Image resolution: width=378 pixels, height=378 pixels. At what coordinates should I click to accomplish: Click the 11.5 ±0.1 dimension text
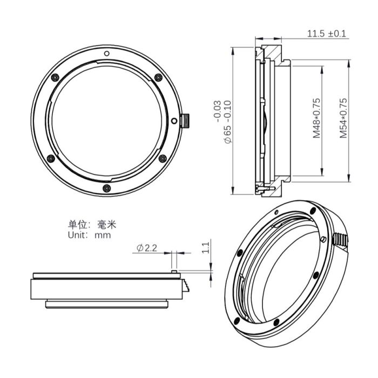click(x=327, y=34)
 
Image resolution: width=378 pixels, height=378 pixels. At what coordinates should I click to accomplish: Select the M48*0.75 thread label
click(x=317, y=118)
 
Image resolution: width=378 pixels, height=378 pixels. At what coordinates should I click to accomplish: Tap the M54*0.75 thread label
click(x=343, y=118)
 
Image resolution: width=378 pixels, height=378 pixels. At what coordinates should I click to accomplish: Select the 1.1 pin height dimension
click(x=205, y=248)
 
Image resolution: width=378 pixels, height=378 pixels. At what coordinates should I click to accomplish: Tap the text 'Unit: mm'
click(x=89, y=235)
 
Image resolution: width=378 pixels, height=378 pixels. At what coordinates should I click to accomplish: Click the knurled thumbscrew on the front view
click(x=186, y=121)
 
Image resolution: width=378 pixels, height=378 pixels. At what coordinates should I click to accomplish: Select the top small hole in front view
click(x=107, y=53)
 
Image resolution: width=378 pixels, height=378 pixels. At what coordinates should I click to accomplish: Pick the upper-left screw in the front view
click(x=55, y=78)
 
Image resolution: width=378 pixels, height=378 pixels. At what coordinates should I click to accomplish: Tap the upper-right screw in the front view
click(x=157, y=77)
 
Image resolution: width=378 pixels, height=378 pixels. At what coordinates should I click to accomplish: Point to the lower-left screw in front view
click(x=51, y=159)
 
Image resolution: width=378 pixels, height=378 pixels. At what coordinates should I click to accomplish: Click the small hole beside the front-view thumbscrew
click(x=174, y=122)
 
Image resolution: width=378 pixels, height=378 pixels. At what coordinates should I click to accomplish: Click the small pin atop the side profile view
click(x=174, y=269)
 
